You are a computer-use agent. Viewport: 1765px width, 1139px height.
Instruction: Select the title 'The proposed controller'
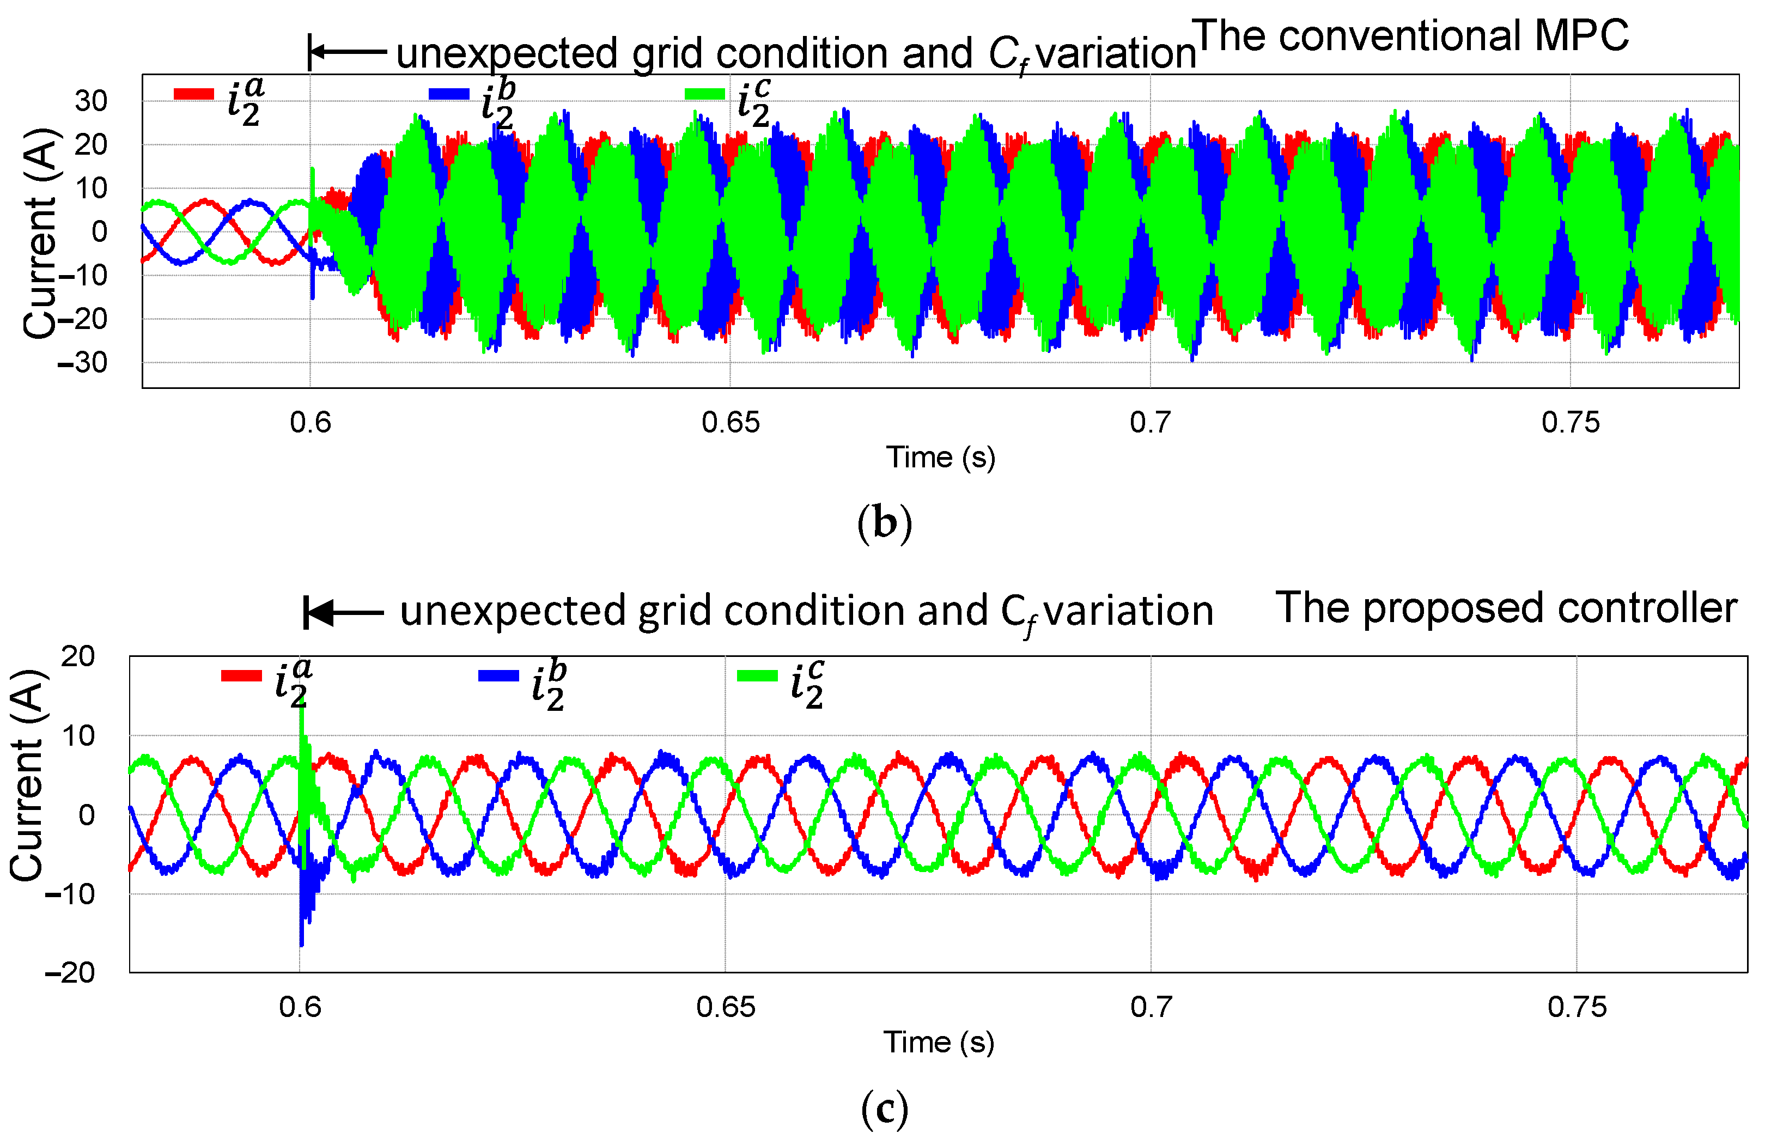1506,608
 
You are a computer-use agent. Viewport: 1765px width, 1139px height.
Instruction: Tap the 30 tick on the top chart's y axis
91,101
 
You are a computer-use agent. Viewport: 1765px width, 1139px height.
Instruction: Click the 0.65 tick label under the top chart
731,422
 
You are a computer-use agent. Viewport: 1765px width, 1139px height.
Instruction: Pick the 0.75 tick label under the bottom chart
1577,1007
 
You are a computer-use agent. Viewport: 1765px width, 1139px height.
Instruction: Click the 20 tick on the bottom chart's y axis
78,656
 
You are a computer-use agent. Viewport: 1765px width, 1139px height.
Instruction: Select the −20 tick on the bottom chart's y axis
70,972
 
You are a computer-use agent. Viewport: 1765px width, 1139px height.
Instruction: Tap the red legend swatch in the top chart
194,94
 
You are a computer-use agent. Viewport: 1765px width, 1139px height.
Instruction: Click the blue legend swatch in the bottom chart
498,675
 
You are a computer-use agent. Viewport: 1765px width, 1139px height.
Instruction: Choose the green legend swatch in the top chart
705,94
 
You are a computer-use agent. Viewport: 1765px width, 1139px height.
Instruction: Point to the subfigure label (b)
884,523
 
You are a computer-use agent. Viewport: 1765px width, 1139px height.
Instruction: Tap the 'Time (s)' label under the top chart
941,457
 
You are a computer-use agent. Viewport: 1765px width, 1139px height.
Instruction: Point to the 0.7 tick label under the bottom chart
1151,1007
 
